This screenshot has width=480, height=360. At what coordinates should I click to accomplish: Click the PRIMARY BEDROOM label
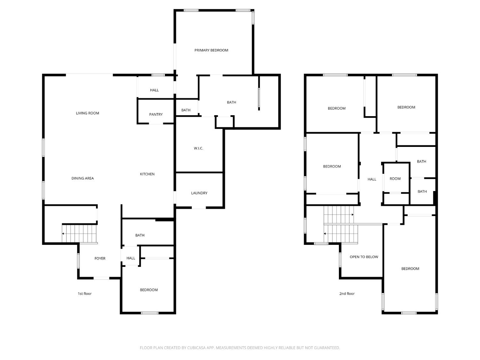pyautogui.click(x=211, y=50)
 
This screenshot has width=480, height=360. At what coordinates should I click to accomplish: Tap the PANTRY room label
pyautogui.click(x=156, y=115)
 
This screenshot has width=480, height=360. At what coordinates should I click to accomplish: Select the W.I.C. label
pyautogui.click(x=198, y=148)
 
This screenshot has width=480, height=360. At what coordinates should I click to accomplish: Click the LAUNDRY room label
pyautogui.click(x=199, y=193)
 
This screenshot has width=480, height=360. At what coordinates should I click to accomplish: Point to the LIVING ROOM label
pyautogui.click(x=87, y=113)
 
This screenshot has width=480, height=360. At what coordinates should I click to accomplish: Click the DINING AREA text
pyautogui.click(x=83, y=179)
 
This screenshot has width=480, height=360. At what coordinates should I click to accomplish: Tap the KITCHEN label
pyautogui.click(x=147, y=174)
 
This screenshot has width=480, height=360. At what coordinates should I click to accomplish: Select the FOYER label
pyautogui.click(x=100, y=259)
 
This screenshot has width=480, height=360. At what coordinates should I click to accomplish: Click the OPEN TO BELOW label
pyautogui.click(x=364, y=257)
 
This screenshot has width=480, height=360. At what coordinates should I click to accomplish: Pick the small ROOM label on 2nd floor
pyautogui.click(x=395, y=179)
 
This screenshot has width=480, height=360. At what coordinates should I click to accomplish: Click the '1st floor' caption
pyautogui.click(x=84, y=294)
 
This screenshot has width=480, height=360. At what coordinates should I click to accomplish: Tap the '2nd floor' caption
pyautogui.click(x=347, y=294)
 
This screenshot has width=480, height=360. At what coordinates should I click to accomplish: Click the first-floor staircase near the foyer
pyautogui.click(x=79, y=234)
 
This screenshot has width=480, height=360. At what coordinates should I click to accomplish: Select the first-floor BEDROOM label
pyautogui.click(x=149, y=290)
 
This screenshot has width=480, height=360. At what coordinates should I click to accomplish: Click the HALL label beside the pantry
pyautogui.click(x=154, y=90)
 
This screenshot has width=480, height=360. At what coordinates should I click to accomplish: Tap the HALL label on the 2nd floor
pyautogui.click(x=372, y=180)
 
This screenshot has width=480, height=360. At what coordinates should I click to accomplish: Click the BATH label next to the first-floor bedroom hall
pyautogui.click(x=140, y=236)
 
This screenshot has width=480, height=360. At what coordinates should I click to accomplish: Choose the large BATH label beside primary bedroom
pyautogui.click(x=231, y=103)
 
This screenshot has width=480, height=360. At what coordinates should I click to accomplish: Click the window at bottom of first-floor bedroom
pyautogui.click(x=149, y=313)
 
